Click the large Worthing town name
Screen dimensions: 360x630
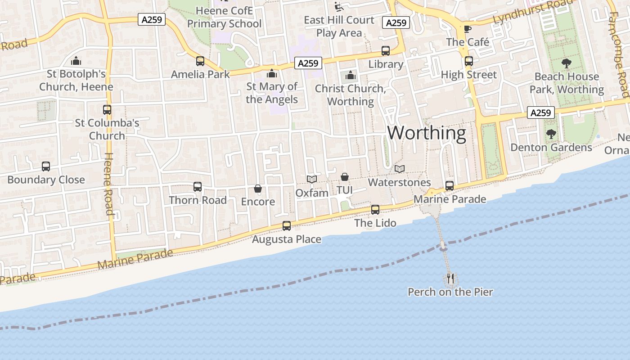[x=427, y=133]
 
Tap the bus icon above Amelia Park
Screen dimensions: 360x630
[x=200, y=61]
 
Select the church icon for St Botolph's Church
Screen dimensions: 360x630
[x=76, y=60]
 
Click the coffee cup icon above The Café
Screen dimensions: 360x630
[x=468, y=29]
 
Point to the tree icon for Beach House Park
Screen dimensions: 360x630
[x=567, y=63]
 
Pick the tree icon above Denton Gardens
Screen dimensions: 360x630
[x=551, y=134]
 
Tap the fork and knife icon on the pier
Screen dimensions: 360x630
[x=450, y=279]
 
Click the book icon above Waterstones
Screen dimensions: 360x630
[x=399, y=169]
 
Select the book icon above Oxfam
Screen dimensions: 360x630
[x=312, y=179]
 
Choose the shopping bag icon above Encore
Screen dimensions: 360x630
[x=258, y=188]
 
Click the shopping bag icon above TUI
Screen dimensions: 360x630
[x=344, y=177]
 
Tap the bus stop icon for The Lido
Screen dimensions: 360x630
[x=375, y=209]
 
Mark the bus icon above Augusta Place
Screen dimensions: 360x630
[x=287, y=225]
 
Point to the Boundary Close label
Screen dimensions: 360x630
[x=46, y=180]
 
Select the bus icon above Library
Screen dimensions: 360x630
[x=386, y=51]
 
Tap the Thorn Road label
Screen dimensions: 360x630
[x=198, y=200]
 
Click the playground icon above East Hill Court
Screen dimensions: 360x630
[x=339, y=7]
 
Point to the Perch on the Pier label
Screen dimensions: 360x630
[x=450, y=292]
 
